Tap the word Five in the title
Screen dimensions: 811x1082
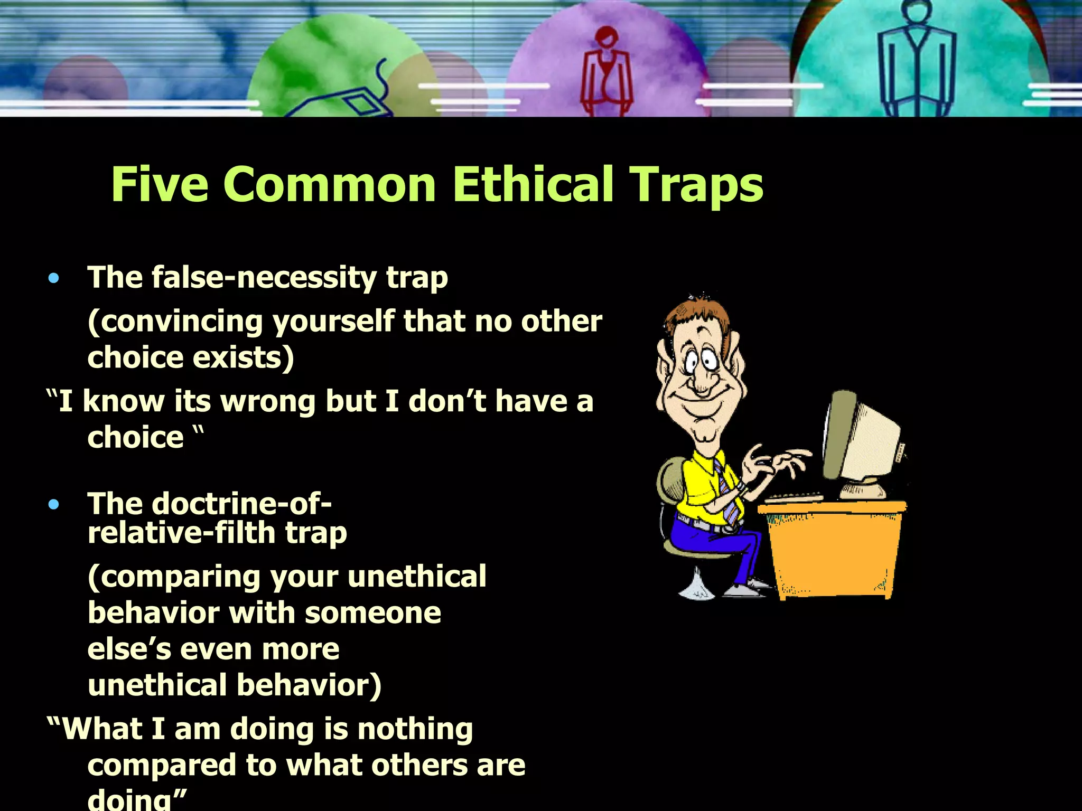(x=160, y=184)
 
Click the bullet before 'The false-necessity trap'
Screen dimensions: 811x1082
(x=53, y=278)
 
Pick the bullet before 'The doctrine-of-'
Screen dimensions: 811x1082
(x=53, y=505)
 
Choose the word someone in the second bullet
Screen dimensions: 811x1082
(x=372, y=613)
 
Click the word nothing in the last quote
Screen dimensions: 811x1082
(x=415, y=729)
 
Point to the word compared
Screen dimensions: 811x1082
(x=162, y=765)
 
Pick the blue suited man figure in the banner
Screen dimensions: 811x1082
(x=917, y=58)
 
